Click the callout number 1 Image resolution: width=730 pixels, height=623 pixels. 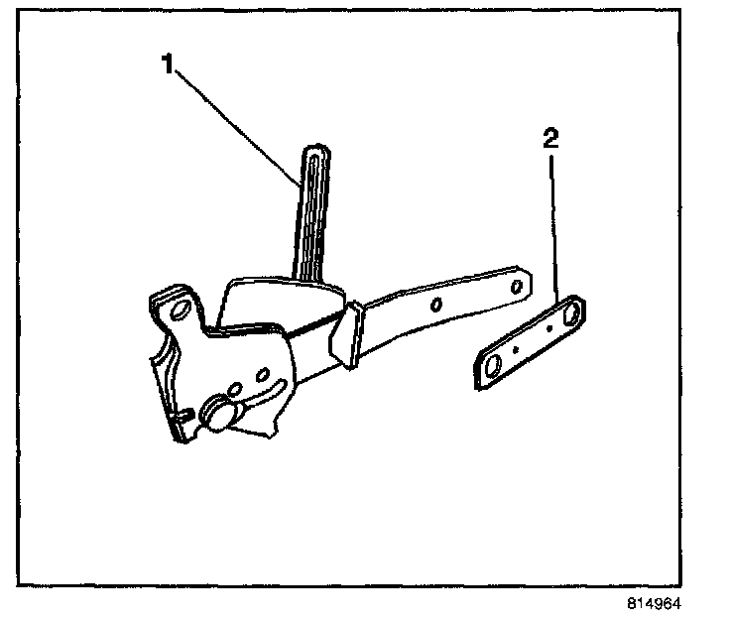(168, 63)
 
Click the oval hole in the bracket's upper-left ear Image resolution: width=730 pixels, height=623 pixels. (181, 310)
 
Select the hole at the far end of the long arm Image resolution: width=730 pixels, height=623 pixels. (516, 286)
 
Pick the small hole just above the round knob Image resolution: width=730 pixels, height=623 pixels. (235, 389)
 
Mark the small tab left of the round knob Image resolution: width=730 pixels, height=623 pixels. (185, 412)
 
